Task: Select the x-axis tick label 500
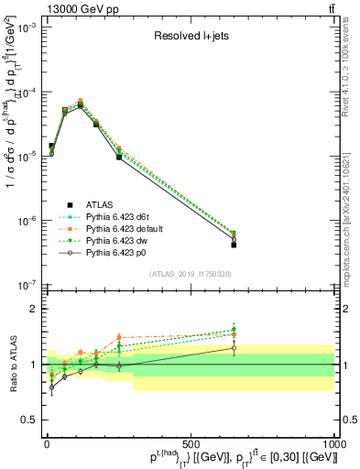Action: [x=191, y=444]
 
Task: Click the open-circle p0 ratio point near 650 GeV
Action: [x=234, y=348]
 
